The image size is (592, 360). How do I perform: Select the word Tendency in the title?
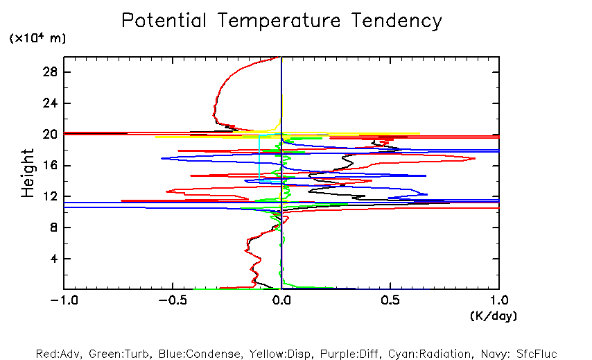pos(397,21)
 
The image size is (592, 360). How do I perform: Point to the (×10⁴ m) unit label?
pos(37,39)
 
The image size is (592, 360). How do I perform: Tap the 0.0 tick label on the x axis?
pos(281,300)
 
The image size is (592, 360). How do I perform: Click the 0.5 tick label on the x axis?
pos(390,300)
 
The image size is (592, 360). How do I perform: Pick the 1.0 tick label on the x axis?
pos(499,300)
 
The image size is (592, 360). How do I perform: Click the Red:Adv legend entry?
pos(61,353)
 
